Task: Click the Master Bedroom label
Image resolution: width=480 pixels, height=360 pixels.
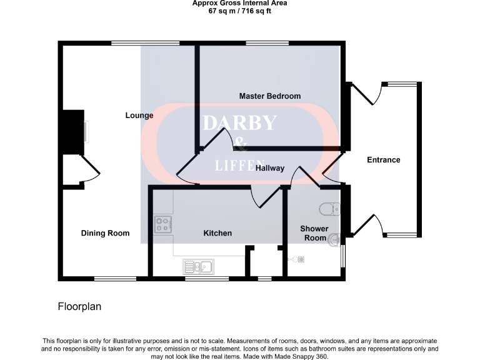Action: tap(269, 96)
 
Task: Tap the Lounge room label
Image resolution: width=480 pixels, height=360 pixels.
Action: tap(139, 116)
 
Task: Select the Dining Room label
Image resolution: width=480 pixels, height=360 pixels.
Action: tap(105, 233)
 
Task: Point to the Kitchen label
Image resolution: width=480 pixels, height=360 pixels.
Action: tap(217, 233)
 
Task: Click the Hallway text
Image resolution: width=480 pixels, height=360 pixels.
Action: tap(270, 168)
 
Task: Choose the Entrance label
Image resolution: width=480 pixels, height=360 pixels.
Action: tap(383, 160)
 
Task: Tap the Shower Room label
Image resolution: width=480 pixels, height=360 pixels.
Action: tap(314, 233)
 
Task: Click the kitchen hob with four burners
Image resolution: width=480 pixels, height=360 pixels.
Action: tap(164, 224)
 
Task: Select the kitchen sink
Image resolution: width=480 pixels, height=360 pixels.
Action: tap(198, 267)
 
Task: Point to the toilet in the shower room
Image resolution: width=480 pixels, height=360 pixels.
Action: tap(328, 207)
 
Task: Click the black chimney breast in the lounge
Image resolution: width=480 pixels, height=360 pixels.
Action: tap(73, 132)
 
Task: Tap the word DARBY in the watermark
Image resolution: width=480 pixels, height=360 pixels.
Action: tap(239, 122)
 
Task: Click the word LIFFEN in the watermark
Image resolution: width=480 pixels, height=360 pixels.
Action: tap(239, 166)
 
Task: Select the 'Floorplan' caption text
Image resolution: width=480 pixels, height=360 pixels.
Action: tap(79, 307)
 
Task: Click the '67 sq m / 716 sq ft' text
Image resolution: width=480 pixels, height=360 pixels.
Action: tap(240, 11)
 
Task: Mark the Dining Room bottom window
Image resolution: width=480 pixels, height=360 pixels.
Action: tap(115, 277)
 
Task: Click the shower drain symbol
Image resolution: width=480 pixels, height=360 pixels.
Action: tap(299, 259)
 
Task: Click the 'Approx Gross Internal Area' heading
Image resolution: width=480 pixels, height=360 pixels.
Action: tap(240, 3)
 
